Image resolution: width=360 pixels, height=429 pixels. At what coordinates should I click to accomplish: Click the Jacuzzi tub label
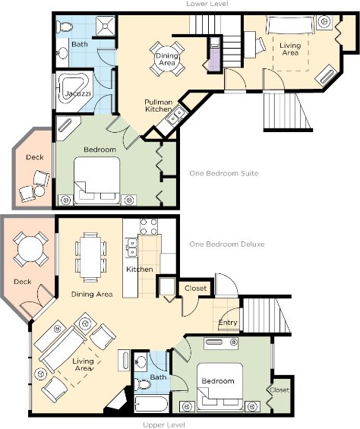(78, 94)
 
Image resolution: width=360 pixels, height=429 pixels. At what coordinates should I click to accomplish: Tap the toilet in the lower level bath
(65, 27)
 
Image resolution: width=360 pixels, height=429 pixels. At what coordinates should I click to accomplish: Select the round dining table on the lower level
(167, 58)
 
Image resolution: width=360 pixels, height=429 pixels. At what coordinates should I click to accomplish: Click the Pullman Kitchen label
(159, 106)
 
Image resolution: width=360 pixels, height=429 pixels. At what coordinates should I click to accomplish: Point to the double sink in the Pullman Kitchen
(175, 115)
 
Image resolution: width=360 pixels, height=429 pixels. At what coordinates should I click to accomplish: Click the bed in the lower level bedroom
(97, 181)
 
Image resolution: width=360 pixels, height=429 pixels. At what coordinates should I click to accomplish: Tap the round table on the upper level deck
(30, 249)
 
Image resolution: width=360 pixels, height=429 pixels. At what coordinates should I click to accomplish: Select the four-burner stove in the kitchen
(149, 227)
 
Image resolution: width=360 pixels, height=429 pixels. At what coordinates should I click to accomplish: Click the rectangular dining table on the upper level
(90, 257)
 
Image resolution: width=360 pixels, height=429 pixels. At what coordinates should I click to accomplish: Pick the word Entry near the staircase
(228, 323)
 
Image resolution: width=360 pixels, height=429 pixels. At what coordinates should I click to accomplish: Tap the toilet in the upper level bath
(142, 385)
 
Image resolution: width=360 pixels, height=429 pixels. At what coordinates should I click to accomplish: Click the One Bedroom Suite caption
(224, 173)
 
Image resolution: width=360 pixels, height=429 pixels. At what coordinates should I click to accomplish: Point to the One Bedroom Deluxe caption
(227, 244)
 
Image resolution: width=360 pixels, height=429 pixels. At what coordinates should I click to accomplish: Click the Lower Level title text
(207, 4)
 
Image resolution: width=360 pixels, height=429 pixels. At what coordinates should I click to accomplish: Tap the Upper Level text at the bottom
(164, 425)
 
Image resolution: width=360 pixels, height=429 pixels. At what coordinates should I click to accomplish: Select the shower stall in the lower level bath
(106, 27)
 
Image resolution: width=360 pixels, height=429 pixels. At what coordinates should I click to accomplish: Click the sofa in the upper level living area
(63, 349)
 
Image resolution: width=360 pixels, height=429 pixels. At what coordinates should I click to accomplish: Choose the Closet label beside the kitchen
(195, 288)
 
